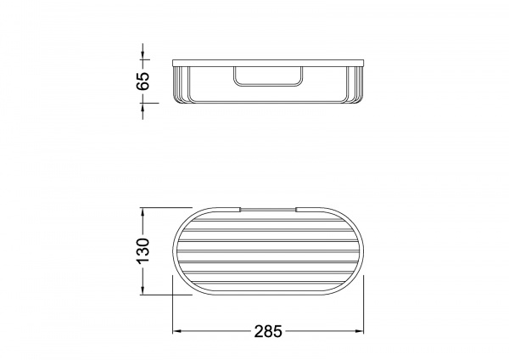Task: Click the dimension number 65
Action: coord(143,81)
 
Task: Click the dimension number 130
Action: coord(143,250)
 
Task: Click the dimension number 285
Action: coord(268,332)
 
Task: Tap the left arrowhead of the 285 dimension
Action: coord(176,331)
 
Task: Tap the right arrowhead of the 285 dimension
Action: coord(360,331)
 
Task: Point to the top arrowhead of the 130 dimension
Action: coord(143,212)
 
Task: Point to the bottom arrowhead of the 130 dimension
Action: coord(143,290)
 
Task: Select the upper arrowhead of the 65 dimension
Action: coord(143,55)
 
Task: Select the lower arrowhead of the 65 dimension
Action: coord(143,107)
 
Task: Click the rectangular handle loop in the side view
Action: coord(268,86)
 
